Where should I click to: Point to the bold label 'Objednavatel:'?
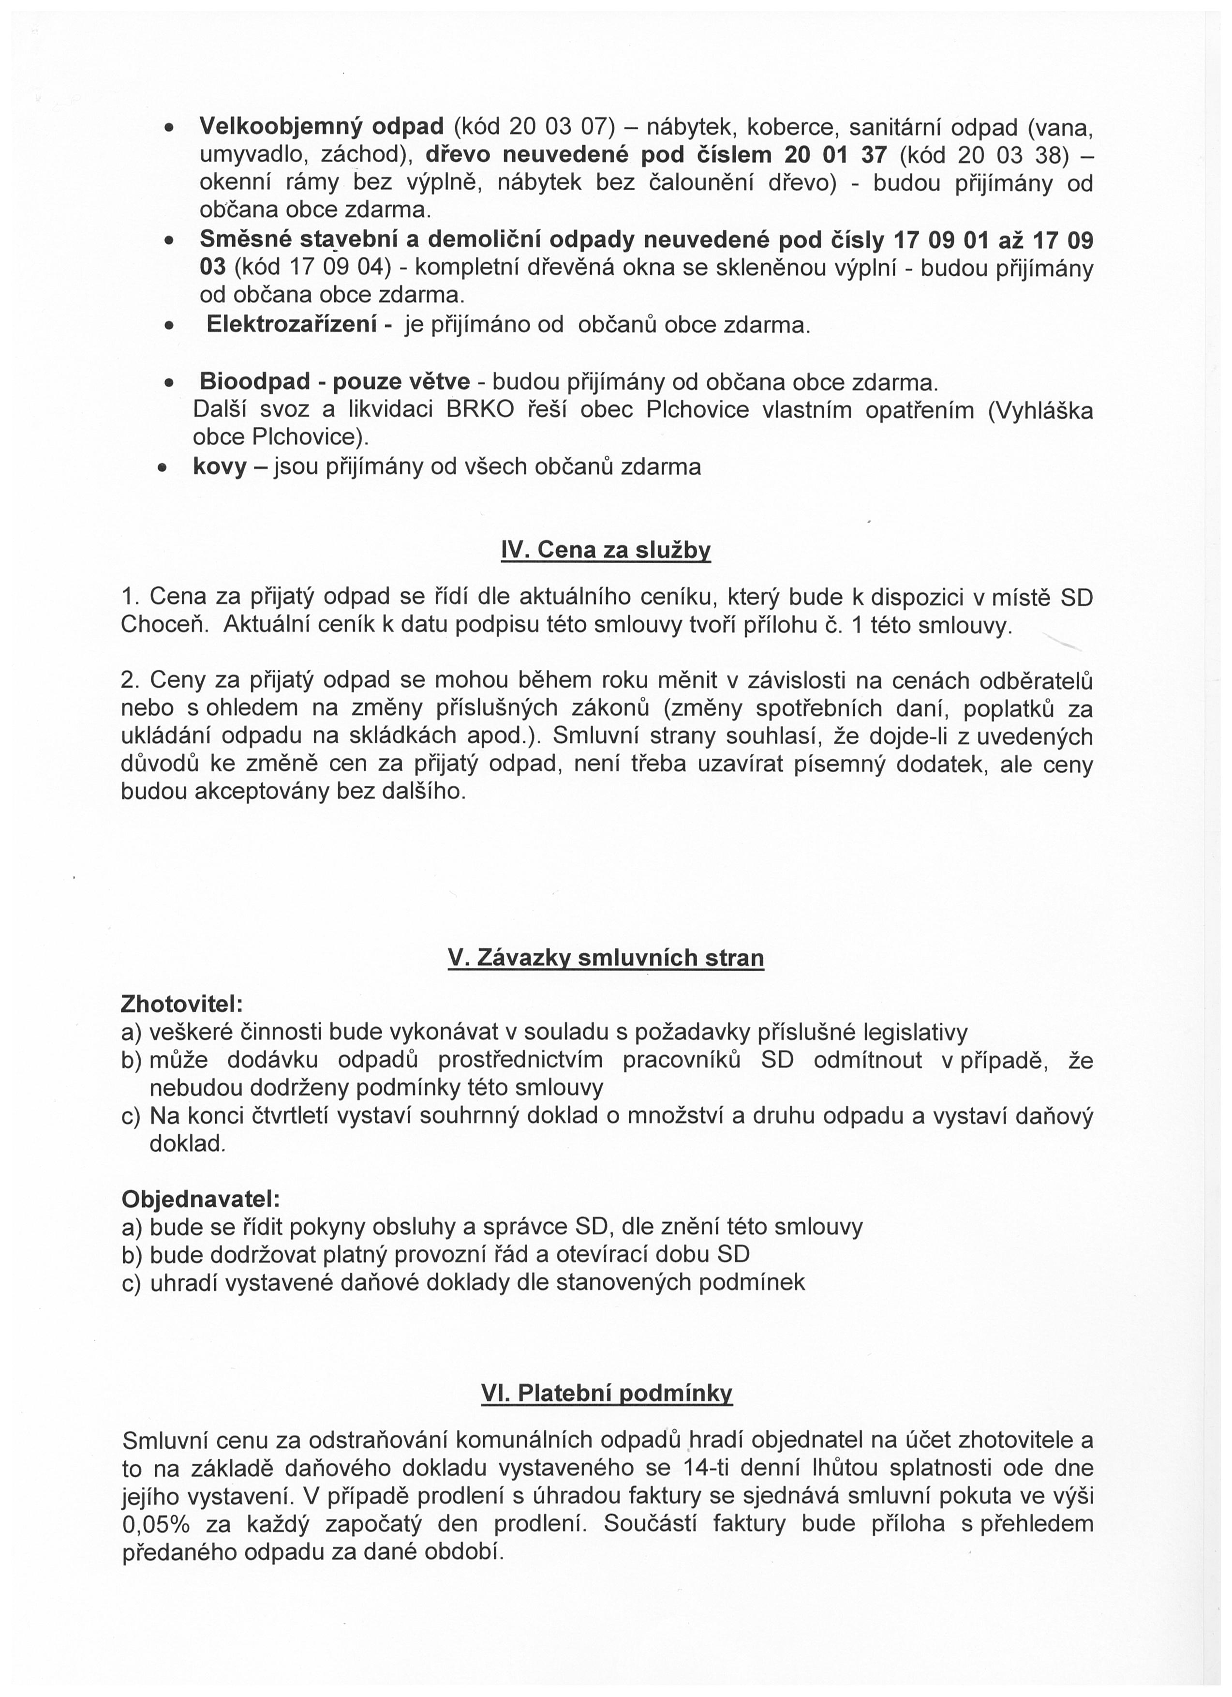[200, 1199]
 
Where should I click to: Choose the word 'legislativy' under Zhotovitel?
[925, 1033]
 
